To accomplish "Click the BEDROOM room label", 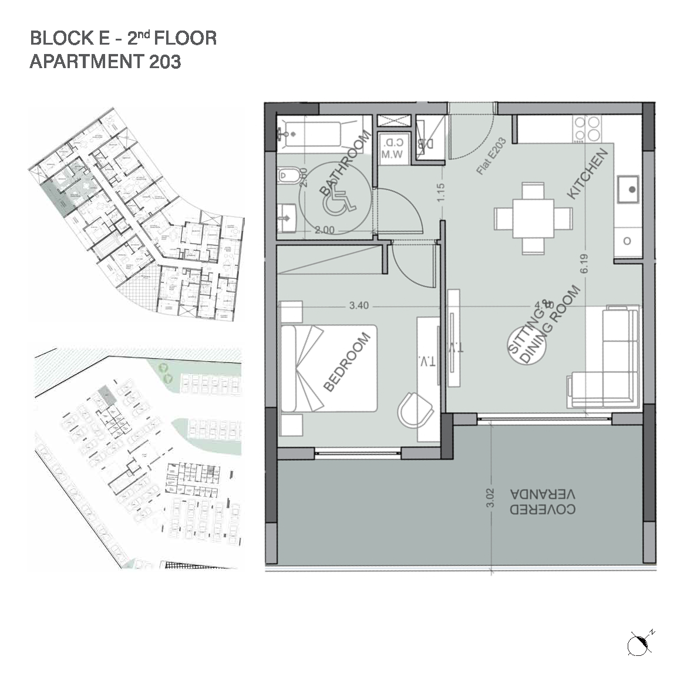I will (x=348, y=362).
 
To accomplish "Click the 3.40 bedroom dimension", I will (x=359, y=305).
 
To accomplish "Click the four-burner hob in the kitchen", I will (x=587, y=129).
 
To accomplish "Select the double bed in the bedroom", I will (x=329, y=368).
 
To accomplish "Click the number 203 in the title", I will (x=164, y=62).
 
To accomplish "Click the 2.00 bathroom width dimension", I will (x=324, y=230).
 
